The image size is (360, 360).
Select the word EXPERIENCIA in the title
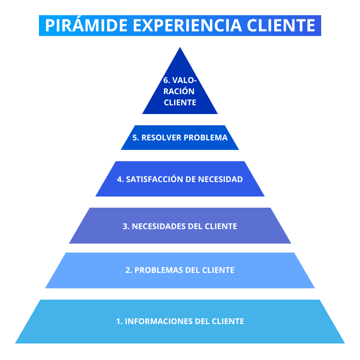point(187,26)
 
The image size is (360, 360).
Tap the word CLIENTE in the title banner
point(282,26)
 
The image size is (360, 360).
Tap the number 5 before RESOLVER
point(135,137)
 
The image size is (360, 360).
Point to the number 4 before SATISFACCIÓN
point(120,179)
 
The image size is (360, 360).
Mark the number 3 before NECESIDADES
point(126,226)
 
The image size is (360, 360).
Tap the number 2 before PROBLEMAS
point(128,270)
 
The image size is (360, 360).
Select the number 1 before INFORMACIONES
point(118,321)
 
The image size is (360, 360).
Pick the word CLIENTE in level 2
point(218,270)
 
